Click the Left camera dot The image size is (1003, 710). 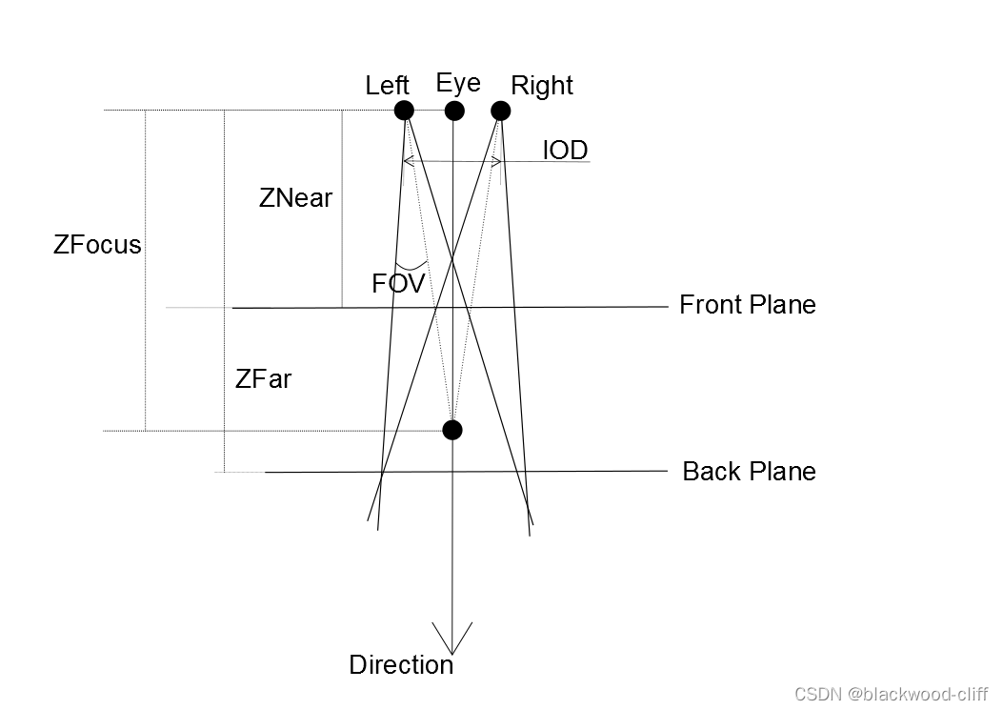tap(404, 111)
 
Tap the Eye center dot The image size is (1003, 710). tap(454, 111)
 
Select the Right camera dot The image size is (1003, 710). tap(501, 111)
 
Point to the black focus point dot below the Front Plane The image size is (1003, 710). tap(452, 430)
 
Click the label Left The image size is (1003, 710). tap(387, 86)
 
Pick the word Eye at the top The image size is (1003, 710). tap(458, 83)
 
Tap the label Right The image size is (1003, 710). tap(542, 86)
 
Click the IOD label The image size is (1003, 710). tap(565, 151)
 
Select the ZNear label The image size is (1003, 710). tap(295, 198)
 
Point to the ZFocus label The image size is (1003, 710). tap(97, 245)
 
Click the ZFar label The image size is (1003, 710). tap(263, 379)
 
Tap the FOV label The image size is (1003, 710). tap(397, 283)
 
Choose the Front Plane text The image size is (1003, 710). tap(747, 305)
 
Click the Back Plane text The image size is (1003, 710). tap(749, 472)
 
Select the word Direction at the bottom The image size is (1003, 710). tap(401, 665)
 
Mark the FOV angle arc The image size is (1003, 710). tap(411, 266)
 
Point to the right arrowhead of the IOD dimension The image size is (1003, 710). tap(497, 161)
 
